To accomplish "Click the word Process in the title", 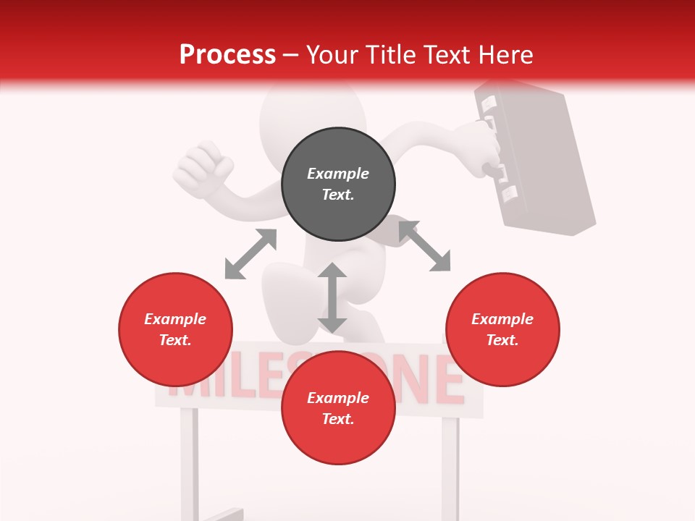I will [227, 55].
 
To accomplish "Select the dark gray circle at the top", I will [338, 185].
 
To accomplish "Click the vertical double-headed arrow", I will [332, 297].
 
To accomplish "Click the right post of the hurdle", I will [450, 463].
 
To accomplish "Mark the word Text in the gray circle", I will [338, 195].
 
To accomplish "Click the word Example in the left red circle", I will [175, 319].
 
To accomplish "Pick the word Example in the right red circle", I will [502, 319].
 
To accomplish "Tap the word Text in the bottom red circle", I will [338, 419].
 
